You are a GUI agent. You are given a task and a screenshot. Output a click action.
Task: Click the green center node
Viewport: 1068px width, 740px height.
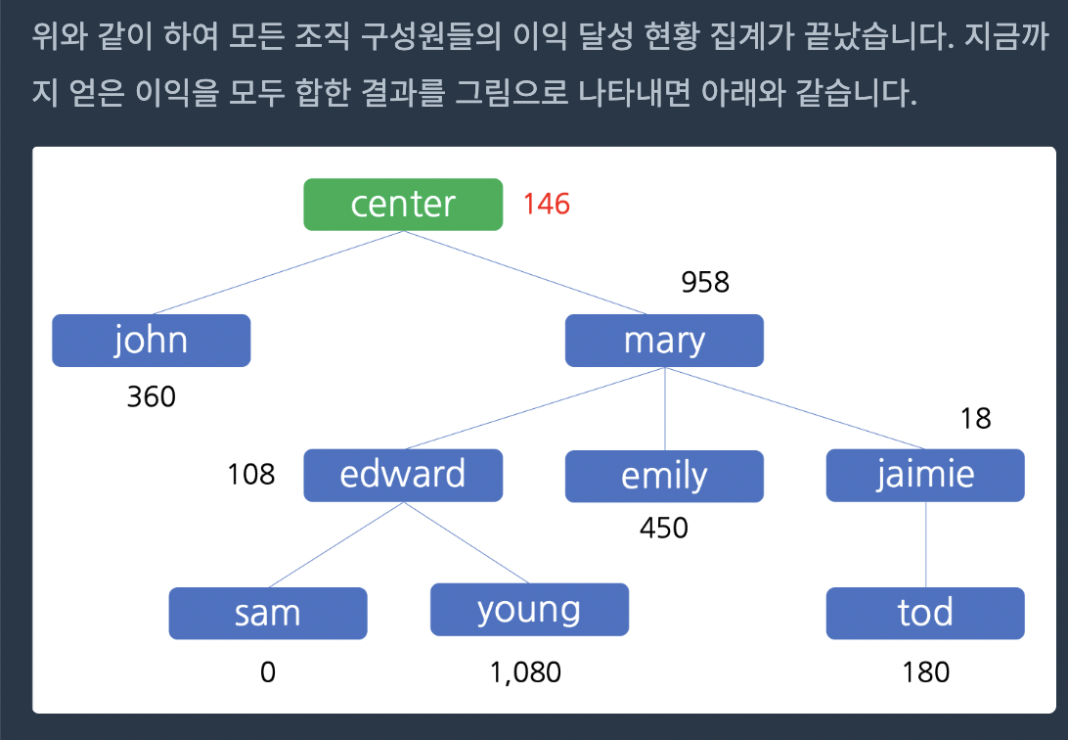(x=403, y=205)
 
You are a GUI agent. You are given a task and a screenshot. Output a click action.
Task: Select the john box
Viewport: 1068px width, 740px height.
(x=152, y=341)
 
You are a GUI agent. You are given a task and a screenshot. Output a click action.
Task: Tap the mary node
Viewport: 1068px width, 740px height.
(x=664, y=341)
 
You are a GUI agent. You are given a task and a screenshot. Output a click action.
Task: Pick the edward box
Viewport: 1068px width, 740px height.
(x=403, y=476)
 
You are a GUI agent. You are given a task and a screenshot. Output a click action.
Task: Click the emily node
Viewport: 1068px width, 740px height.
(x=664, y=477)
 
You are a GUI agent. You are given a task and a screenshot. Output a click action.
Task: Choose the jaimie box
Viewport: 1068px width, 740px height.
(x=925, y=476)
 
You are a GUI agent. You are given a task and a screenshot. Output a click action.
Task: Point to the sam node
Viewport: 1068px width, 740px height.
(x=268, y=614)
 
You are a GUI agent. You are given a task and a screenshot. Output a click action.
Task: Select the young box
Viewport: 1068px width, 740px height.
(x=529, y=610)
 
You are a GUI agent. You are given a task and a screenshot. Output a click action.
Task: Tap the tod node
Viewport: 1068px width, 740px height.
(x=925, y=614)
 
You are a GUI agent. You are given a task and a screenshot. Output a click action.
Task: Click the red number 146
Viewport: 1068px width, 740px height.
(x=547, y=204)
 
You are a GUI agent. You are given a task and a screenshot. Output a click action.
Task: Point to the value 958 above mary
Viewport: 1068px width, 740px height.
(x=705, y=282)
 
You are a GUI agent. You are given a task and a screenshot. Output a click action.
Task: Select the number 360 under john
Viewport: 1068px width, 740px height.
(x=152, y=396)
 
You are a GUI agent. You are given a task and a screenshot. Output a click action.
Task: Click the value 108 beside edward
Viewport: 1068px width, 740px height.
(x=250, y=475)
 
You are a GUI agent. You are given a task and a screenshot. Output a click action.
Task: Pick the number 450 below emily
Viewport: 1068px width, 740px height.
(x=663, y=529)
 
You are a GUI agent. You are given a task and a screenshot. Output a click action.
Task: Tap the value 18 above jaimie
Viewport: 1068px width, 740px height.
(x=975, y=418)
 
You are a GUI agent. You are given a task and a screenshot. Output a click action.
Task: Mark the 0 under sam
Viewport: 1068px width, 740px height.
(x=268, y=672)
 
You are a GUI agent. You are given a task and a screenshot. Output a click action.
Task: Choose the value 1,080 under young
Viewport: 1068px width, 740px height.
(x=525, y=672)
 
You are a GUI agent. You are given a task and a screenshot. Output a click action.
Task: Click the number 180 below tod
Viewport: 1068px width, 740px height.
(x=925, y=672)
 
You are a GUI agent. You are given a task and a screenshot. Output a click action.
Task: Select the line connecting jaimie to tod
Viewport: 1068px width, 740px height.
(x=925, y=544)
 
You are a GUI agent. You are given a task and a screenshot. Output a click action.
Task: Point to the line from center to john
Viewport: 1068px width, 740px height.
(x=277, y=272)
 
